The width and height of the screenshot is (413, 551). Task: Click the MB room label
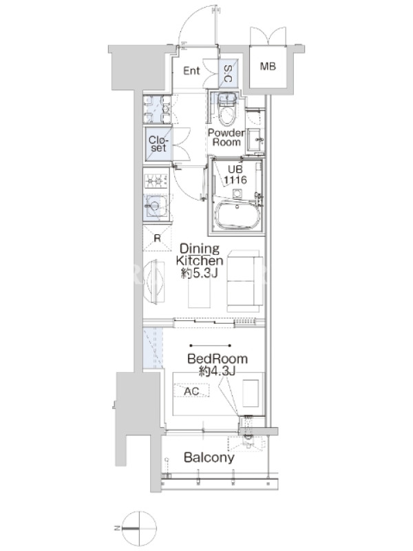268,65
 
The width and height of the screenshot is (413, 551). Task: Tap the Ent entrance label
191,71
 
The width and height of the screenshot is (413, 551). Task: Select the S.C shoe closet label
228,74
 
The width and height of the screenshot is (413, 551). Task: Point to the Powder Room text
226,137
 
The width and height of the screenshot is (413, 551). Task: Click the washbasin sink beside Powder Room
255,140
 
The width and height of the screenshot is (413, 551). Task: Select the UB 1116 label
235,175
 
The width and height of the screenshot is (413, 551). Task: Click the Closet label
158,144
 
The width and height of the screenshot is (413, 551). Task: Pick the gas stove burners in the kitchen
156,181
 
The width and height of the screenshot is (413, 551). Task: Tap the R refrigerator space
157,238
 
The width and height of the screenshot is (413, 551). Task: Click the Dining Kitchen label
200,255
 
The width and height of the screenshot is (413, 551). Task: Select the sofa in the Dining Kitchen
245,281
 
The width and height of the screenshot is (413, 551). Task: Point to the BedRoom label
218,359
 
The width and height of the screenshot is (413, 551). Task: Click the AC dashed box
191,391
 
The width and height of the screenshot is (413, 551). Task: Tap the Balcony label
209,457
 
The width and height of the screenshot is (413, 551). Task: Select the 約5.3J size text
200,273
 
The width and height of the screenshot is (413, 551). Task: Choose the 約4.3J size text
217,371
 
